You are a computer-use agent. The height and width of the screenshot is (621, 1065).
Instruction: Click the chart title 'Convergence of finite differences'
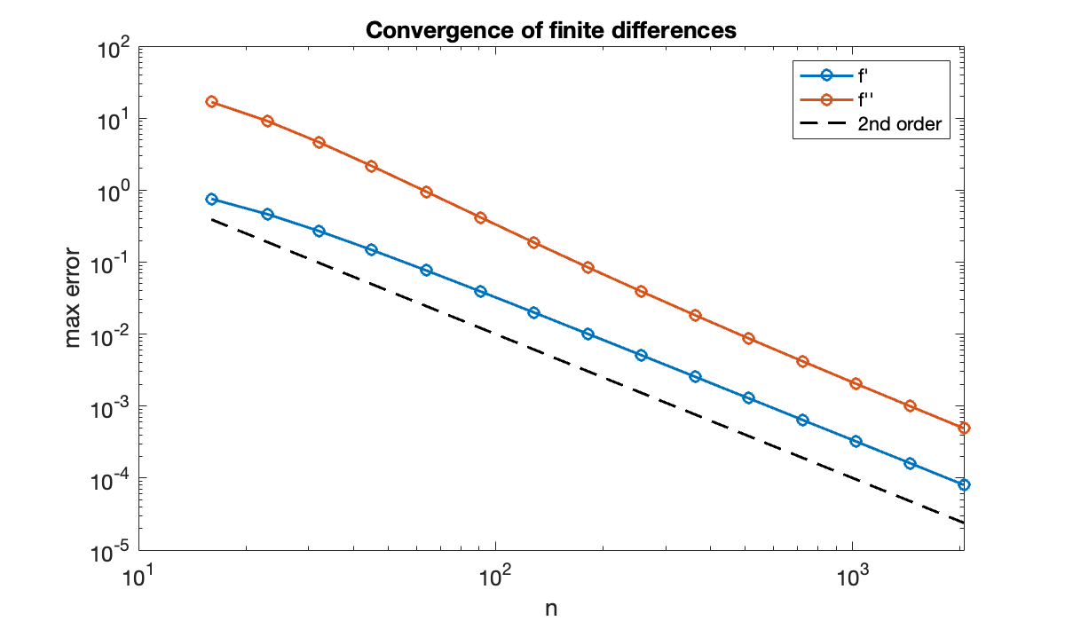coord(551,30)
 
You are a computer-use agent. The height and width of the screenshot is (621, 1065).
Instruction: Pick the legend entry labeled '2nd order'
coord(890,125)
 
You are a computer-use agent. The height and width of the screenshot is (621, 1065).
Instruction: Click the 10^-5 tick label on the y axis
coord(112,551)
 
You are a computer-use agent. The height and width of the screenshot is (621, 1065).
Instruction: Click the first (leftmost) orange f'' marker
coord(211,102)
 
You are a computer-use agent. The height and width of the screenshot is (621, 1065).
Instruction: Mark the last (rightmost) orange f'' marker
coord(964,428)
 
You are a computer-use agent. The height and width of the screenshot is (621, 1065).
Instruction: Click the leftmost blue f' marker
coord(211,199)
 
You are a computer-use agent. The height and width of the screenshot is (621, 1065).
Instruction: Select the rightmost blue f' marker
coord(964,484)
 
